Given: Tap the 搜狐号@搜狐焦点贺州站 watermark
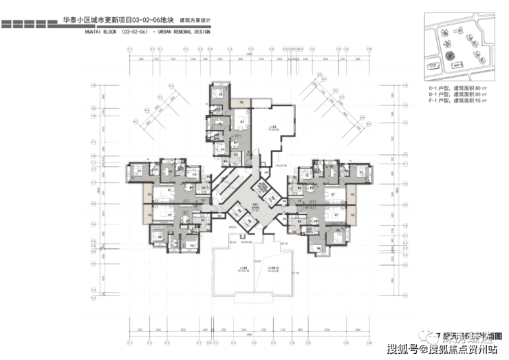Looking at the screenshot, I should (x=441, y=349).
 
